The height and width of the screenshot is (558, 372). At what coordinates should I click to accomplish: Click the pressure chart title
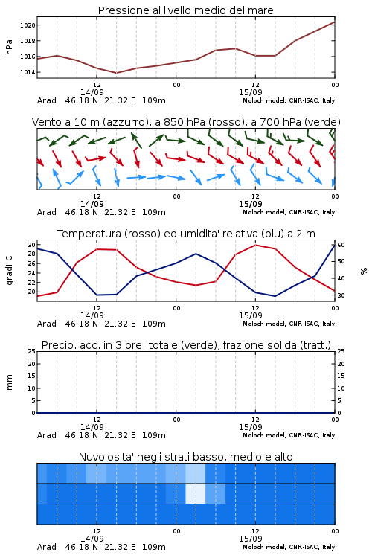pyautogui.click(x=185, y=10)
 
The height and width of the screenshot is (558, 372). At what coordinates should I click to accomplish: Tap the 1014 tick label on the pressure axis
pyautogui.click(x=28, y=72)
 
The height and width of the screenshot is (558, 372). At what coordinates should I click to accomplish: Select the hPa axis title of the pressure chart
pyautogui.click(x=9, y=47)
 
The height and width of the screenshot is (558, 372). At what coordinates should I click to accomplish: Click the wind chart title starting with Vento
pyautogui.click(x=186, y=122)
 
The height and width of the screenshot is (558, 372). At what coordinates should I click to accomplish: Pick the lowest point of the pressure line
pyautogui.click(x=116, y=73)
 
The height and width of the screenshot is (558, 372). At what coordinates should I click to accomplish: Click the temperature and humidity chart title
pyautogui.click(x=185, y=234)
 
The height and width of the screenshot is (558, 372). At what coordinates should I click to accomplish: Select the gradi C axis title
pyautogui.click(x=9, y=270)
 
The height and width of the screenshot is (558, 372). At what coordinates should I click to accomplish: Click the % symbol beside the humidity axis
pyautogui.click(x=364, y=271)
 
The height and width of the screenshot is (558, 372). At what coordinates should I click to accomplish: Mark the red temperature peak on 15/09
pyautogui.click(x=255, y=245)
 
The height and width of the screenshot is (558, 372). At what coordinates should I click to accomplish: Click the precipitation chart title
pyautogui.click(x=186, y=345)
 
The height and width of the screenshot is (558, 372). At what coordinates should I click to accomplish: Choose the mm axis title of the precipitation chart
pyautogui.click(x=9, y=382)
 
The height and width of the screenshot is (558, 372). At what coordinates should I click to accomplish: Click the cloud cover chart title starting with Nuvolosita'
pyautogui.click(x=185, y=457)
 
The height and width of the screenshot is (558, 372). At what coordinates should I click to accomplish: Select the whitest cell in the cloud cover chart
pyautogui.click(x=196, y=493)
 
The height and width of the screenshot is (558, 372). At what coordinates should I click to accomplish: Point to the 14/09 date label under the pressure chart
pyautogui.click(x=92, y=92)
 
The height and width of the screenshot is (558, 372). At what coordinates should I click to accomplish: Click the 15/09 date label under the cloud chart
pyautogui.click(x=250, y=539)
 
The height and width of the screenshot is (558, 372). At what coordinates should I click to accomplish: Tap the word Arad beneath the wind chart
pyautogui.click(x=47, y=213)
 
